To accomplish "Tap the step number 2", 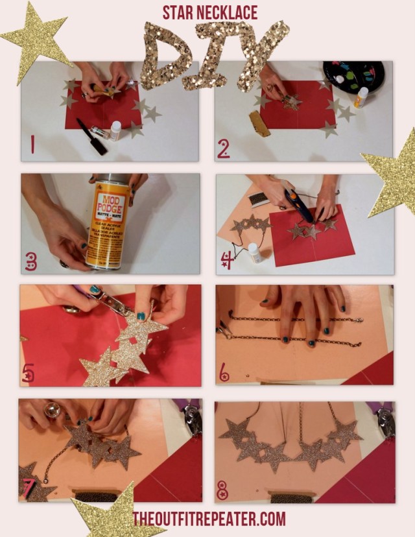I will tap(224, 149).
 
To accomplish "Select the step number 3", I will tap(31, 261).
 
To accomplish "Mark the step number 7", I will tap(30, 487).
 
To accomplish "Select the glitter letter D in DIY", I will tap(165, 55).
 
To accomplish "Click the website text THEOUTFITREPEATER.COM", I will tap(209, 519).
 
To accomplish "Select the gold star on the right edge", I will tap(393, 172).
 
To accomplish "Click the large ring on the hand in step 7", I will tap(52, 409).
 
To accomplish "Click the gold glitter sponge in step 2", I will tap(259, 124).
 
